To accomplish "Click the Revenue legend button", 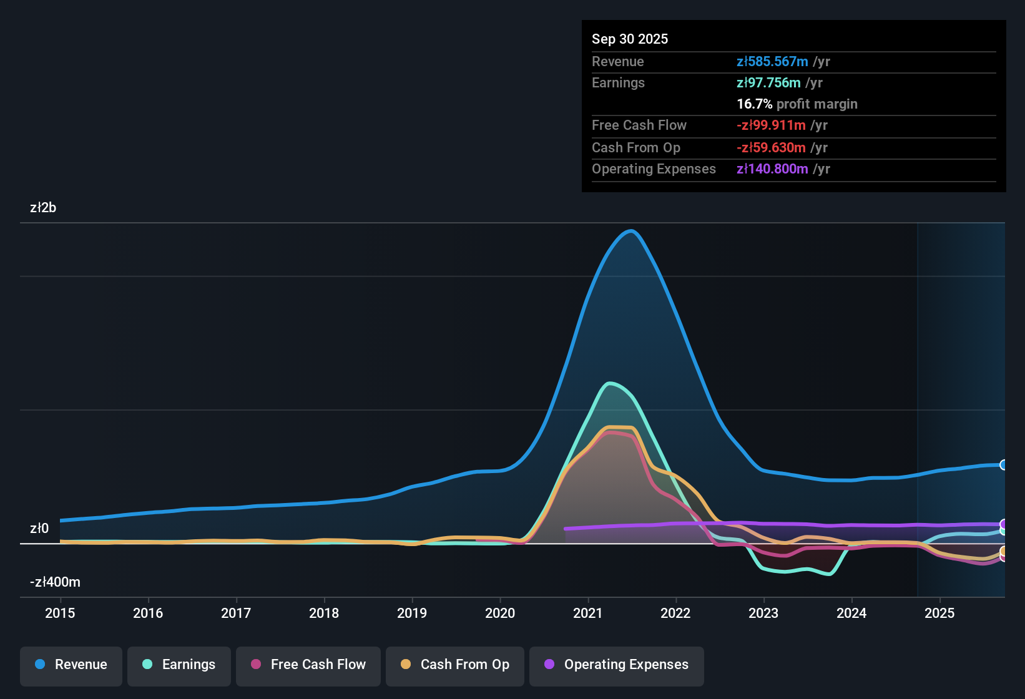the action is coord(71,666).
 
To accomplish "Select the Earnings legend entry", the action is coord(179,666).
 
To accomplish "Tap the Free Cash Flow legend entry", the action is coord(308,666).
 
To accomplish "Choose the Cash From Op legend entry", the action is coord(455,666).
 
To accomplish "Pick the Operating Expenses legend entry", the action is coord(616,666).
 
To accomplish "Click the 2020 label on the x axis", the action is coord(500,613).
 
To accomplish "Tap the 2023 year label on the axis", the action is coord(763,613).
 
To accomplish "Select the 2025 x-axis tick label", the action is coord(940,613).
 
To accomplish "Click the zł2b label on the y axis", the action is coord(43,208).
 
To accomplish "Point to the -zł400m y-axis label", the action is coord(55,582).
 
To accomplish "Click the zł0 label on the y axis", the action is coord(39,529).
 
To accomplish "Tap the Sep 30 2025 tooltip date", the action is coord(630,39).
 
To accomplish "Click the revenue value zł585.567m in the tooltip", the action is coord(772,61).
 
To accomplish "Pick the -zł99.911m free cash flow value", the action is coord(771,125).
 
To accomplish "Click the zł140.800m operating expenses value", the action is coord(772,169).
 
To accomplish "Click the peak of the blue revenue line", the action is coord(631,231).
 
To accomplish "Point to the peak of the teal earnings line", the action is coord(609,383).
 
